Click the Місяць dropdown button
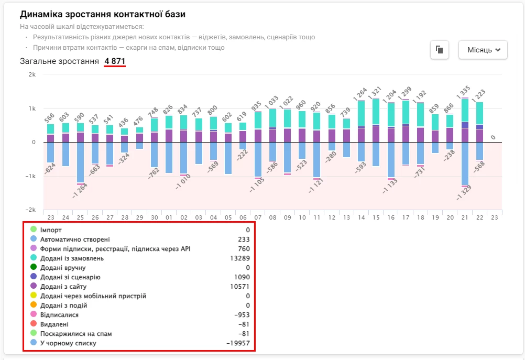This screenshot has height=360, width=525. pos(483,50)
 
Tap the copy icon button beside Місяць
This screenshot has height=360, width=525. pos(439,50)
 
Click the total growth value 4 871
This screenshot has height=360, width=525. pos(115,61)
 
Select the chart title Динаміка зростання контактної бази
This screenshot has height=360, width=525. pos(103,15)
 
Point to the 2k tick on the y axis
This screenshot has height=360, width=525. pos(32,74)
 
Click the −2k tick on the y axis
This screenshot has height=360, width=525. pos(31,210)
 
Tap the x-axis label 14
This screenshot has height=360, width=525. pos(362,217)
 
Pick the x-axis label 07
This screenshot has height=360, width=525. pos(258,217)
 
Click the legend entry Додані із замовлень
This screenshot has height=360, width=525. pos(72,258)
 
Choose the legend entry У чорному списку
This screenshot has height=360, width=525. pos(68,343)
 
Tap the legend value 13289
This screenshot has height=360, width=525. pos(240,258)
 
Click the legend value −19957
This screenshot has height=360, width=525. pos(238,343)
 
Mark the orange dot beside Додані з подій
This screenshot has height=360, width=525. pos(34,306)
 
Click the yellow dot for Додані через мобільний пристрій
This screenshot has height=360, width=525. pos(34,296)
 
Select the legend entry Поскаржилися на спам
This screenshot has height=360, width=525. pos(76,334)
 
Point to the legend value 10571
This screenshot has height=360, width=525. pos(240,287)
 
